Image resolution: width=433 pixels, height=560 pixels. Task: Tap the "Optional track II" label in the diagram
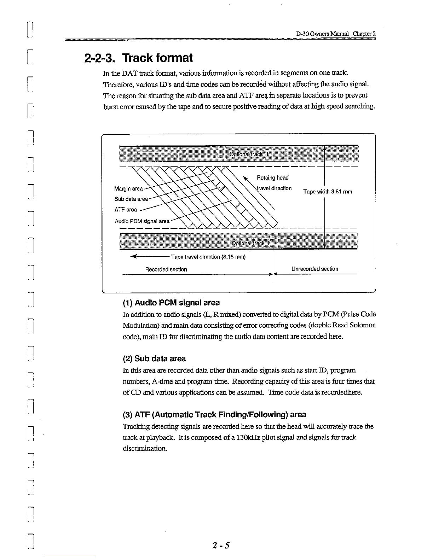[249, 154]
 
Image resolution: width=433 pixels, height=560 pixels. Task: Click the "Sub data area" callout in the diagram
[131, 199]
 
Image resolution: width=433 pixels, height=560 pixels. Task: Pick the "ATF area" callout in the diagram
[126, 210]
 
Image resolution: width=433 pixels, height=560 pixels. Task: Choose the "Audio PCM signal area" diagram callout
[142, 221]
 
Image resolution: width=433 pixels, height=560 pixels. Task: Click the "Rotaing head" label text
[272, 178]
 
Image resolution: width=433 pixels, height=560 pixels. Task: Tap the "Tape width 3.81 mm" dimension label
[328, 192]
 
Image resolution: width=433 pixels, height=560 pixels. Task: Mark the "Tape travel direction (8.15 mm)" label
[208, 257]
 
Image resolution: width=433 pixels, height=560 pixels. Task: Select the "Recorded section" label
[166, 269]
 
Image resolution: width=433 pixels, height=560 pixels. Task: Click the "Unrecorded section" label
[314, 269]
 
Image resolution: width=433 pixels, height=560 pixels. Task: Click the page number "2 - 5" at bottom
[221, 545]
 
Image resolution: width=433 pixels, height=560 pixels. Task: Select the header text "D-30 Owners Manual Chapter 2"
[336, 34]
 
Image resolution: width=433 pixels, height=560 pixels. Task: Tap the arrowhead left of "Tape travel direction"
[133, 257]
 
